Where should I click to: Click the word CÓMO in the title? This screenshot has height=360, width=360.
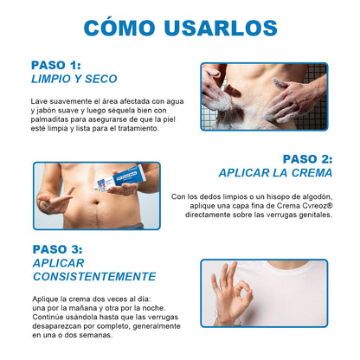coord(119,28)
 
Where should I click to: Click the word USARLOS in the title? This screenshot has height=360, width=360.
coord(221,28)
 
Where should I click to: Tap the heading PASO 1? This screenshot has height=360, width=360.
coord(56,65)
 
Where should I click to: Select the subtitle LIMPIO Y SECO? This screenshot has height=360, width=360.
coord(74,79)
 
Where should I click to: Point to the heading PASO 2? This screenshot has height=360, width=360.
coord(307,159)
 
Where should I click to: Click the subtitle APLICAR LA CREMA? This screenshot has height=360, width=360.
coord(275,173)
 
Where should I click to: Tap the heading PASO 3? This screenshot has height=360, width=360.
coord(57,249)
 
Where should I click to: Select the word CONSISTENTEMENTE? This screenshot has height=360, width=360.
coord(94,277)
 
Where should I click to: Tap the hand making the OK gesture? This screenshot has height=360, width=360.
coord(231,292)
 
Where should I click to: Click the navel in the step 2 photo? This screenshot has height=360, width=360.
coord(96,202)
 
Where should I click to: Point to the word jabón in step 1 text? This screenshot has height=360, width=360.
coord(44,111)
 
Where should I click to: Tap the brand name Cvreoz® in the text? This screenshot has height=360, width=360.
coord(318,206)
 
